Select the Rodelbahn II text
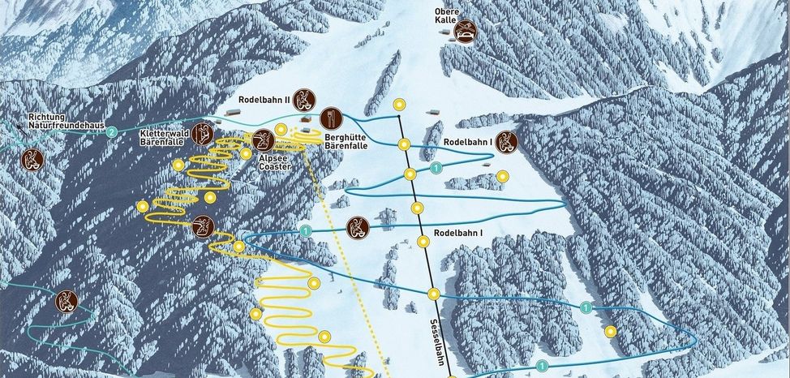(x=264, y=99)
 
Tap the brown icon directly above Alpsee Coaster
(x=262, y=140)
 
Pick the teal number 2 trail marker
(x=113, y=131)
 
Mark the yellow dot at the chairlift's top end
(x=399, y=105)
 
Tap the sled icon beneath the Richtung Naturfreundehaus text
(x=32, y=158)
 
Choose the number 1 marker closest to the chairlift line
(x=436, y=168)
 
